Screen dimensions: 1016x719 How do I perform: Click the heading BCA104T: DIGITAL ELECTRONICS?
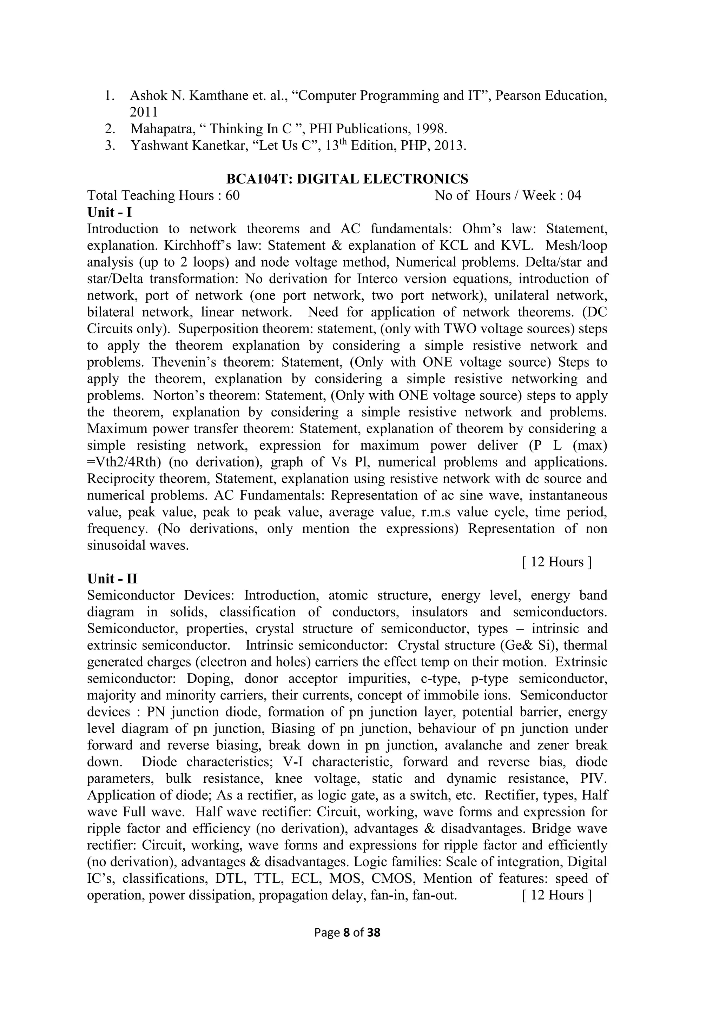click(347, 179)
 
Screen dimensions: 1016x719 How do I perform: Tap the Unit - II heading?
click(112, 579)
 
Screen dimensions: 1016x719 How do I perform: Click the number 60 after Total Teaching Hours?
click(232, 196)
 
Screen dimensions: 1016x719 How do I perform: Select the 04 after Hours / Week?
click(574, 196)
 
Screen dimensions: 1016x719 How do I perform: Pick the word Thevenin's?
click(183, 362)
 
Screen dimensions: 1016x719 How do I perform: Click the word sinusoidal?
click(111, 546)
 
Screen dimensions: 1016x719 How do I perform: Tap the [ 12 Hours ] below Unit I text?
click(556, 562)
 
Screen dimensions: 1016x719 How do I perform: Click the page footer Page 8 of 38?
click(347, 933)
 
